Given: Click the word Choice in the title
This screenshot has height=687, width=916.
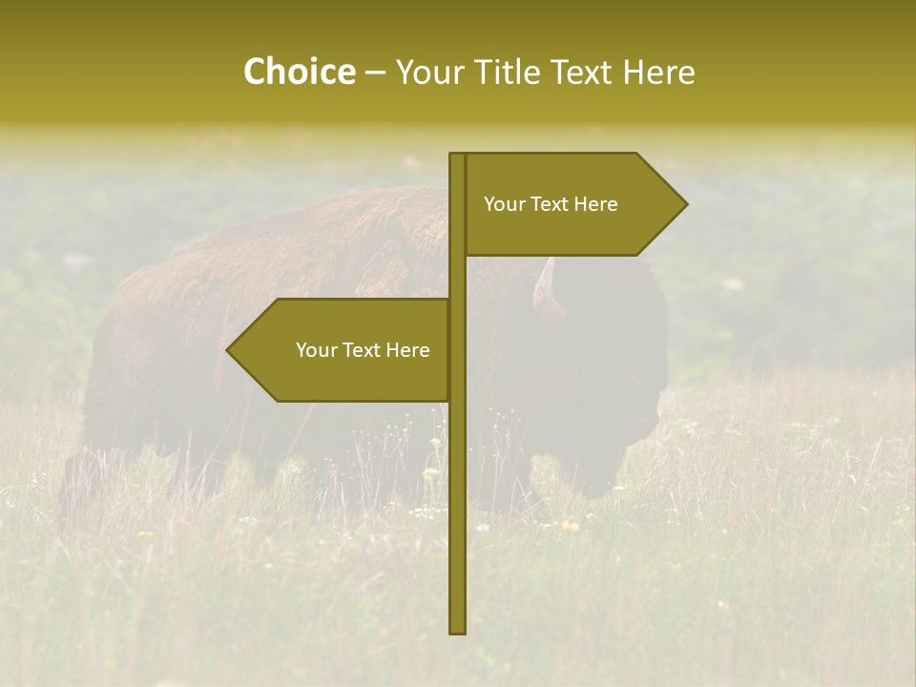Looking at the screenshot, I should click(299, 72).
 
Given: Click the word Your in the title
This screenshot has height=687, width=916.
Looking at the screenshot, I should click(426, 72).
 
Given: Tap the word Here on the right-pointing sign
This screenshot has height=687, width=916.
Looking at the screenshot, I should click(595, 204).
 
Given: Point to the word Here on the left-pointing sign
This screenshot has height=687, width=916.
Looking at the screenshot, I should click(407, 350).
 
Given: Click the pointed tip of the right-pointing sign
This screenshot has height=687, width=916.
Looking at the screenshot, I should click(685, 203).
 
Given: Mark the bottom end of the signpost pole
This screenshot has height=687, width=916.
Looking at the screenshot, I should click(458, 631).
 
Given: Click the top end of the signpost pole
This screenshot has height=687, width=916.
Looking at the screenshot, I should click(458, 156).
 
